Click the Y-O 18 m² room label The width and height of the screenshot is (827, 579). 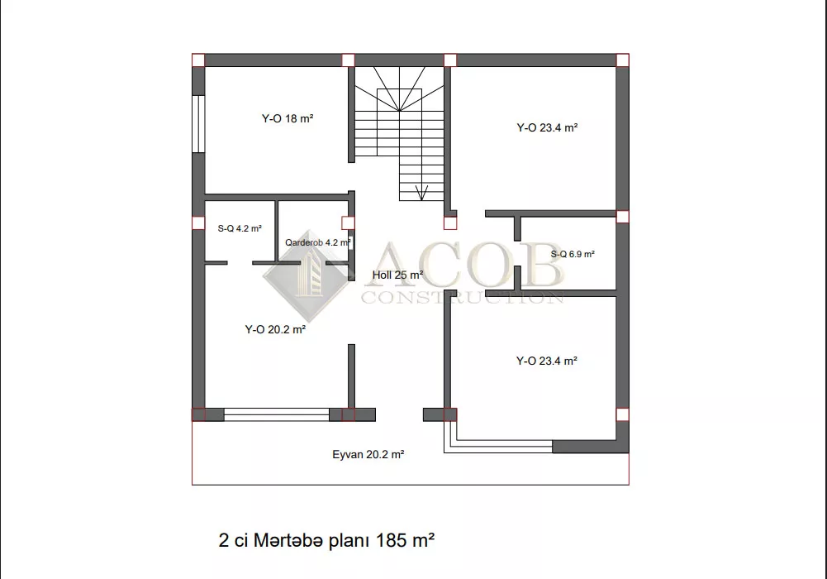pyautogui.click(x=288, y=119)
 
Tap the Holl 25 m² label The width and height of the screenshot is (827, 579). pyautogui.click(x=397, y=275)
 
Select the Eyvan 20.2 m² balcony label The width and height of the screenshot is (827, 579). pyautogui.click(x=368, y=454)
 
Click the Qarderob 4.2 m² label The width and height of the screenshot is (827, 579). pyautogui.click(x=318, y=243)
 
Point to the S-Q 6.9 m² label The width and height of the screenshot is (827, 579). pyautogui.click(x=573, y=254)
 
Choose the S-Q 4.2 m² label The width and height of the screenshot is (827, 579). pyautogui.click(x=240, y=228)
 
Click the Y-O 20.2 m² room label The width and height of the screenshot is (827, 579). pyautogui.click(x=275, y=329)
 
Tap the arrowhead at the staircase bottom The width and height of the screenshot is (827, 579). pyautogui.click(x=421, y=193)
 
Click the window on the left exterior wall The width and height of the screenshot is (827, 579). pyautogui.click(x=198, y=124)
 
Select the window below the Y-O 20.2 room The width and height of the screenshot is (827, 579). pyautogui.click(x=277, y=415)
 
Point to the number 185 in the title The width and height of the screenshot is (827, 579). pyautogui.click(x=392, y=540)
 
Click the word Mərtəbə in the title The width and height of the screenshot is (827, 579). pyautogui.click(x=288, y=540)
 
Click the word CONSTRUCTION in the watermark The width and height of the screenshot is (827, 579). pyautogui.click(x=463, y=298)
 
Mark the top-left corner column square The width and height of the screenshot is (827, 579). pyautogui.click(x=198, y=60)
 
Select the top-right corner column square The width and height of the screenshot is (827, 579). pyautogui.click(x=622, y=60)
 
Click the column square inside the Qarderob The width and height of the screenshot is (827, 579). pyautogui.click(x=348, y=223)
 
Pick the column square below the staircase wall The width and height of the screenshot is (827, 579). pyautogui.click(x=450, y=223)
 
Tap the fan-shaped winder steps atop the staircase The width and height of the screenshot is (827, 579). pyautogui.click(x=399, y=89)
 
